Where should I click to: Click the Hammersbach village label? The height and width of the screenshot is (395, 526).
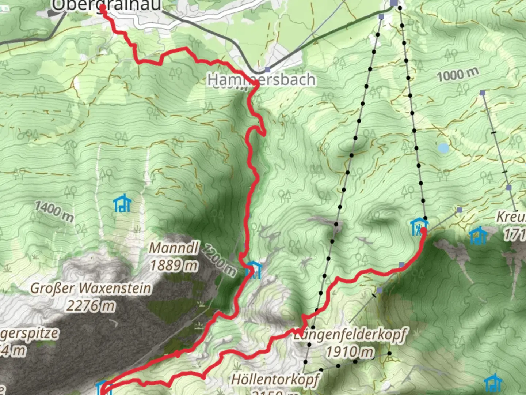[261, 80]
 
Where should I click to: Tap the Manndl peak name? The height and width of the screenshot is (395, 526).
[174, 248]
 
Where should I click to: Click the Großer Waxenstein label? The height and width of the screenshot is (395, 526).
[91, 289]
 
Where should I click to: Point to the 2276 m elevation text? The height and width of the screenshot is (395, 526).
[91, 305]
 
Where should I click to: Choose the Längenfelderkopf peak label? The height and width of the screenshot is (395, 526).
[350, 335]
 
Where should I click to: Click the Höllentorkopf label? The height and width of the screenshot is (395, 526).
[276, 380]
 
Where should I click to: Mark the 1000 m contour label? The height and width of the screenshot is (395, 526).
[457, 75]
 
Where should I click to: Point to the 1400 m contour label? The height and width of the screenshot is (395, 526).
[54, 211]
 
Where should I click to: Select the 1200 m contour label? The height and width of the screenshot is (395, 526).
[219, 260]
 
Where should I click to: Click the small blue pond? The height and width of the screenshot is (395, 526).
[443, 148]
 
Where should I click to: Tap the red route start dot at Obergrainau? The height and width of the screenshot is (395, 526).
[103, 8]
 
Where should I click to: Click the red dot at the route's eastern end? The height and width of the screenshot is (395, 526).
[423, 230]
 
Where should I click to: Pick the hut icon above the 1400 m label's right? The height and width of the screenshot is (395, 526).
[122, 203]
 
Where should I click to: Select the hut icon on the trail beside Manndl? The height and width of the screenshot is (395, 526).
[253, 270]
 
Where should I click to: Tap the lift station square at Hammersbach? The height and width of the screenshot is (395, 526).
[268, 69]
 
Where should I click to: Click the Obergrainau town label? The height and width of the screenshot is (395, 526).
[106, 5]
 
